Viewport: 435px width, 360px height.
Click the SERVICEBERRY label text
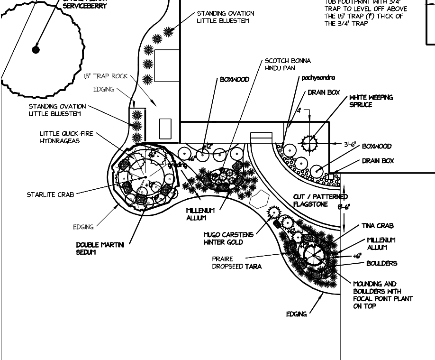point(85,6)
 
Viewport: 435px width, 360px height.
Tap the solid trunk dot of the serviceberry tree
point(36,49)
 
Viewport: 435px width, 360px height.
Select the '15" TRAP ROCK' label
point(106,76)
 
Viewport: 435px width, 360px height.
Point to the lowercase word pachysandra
point(318,78)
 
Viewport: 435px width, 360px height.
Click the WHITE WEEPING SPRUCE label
point(371,101)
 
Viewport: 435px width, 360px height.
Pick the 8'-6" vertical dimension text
point(344,207)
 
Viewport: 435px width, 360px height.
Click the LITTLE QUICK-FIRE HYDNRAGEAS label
point(66,137)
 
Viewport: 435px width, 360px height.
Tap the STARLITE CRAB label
point(50,194)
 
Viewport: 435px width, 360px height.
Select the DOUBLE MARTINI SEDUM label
point(100,249)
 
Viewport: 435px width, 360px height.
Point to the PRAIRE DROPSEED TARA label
point(237,263)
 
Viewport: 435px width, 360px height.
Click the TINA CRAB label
point(378,226)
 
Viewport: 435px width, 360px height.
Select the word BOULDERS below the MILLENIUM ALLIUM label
point(381,263)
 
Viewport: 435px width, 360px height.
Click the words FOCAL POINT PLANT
point(383,299)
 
